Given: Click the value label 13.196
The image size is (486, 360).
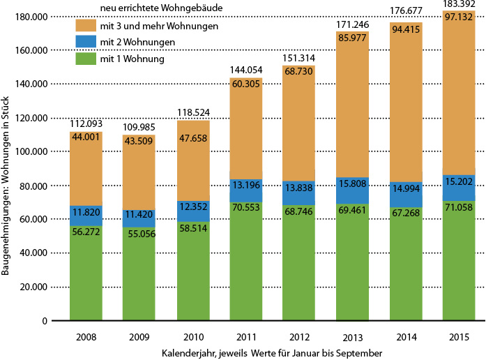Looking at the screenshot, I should (245, 185).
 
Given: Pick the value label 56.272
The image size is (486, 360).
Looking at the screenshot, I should (86, 215).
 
